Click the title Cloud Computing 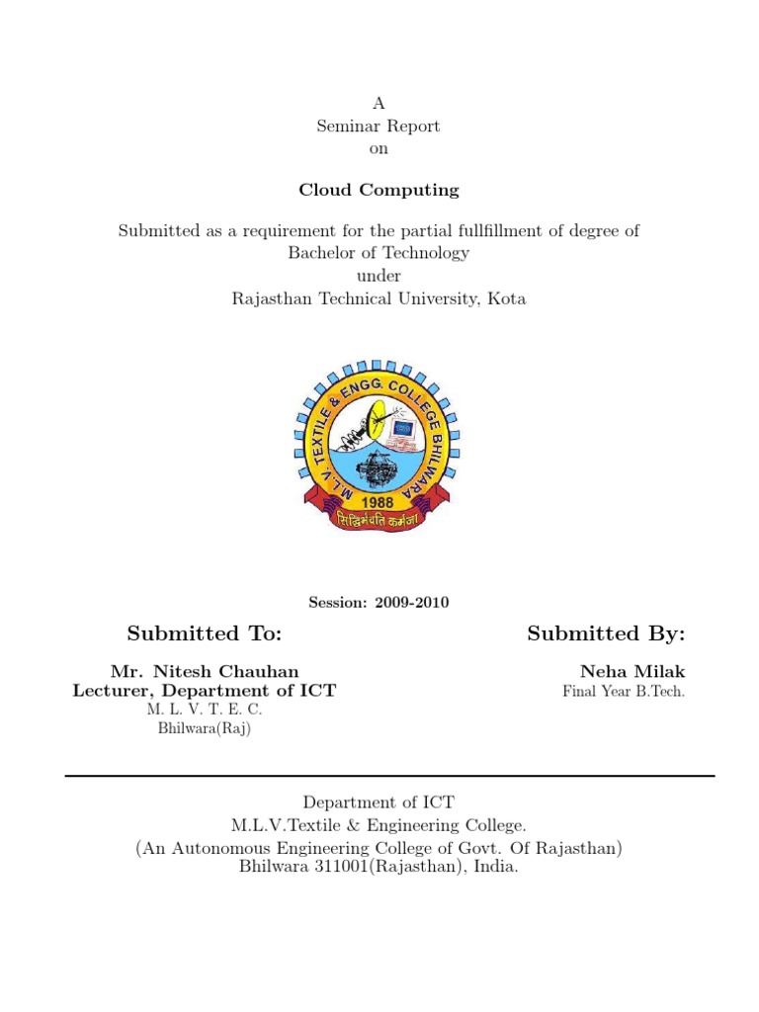tap(379, 190)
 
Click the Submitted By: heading tap(606, 633)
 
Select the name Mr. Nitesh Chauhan tap(204, 671)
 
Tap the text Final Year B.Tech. tap(624, 692)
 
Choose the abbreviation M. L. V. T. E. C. tap(205, 710)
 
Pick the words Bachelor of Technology tap(379, 253)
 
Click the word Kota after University tap(508, 299)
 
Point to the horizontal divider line tap(389, 777)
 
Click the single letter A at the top tap(379, 104)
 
